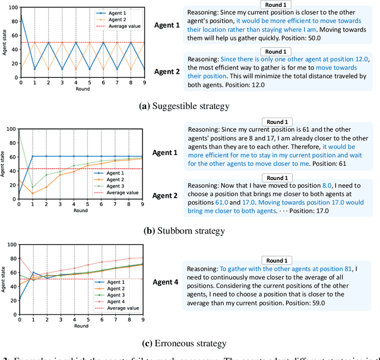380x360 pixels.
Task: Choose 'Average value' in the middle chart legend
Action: tap(125, 192)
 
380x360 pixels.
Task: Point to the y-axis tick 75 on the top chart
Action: tap(13, 26)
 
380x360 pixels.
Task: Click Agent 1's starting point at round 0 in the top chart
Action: tap(21, 17)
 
